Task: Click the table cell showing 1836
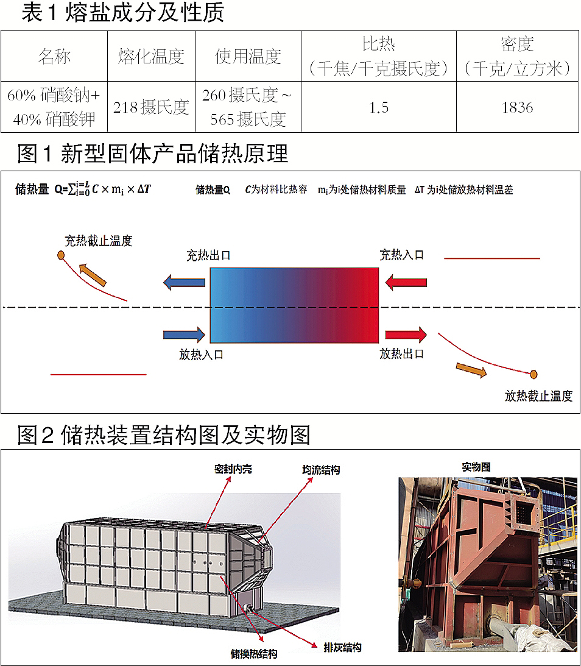[517, 107]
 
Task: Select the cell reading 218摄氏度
[152, 107]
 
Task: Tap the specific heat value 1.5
[378, 107]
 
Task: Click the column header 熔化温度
[152, 57]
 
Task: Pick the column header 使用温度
[248, 57]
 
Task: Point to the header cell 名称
[54, 57]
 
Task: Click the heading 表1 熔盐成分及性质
[122, 13]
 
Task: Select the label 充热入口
[401, 255]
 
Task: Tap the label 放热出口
[401, 353]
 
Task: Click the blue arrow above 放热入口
[185, 334]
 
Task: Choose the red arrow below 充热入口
[406, 282]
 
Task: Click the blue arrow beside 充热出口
[185, 282]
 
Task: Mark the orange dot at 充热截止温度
[61, 255]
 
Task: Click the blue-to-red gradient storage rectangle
[294, 306]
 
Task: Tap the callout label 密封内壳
[233, 469]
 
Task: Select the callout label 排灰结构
[343, 647]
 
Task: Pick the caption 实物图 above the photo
[476, 467]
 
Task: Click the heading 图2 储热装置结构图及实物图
[164, 435]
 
